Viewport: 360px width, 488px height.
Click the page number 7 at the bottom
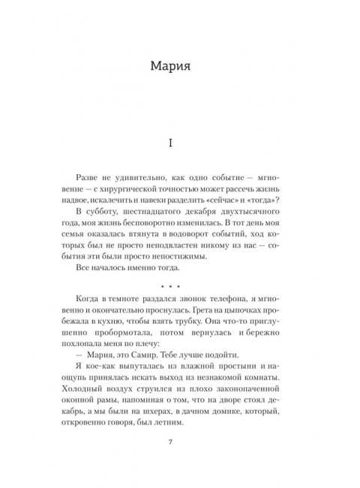tap(179, 458)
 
